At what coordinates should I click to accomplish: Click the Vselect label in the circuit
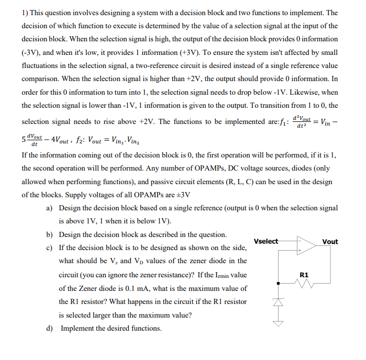(x=266, y=241)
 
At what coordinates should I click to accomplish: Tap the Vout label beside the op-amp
(x=330, y=241)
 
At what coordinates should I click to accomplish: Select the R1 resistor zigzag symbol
(x=304, y=283)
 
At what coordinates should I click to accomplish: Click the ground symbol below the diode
(x=278, y=324)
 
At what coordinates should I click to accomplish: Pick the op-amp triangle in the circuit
(x=305, y=246)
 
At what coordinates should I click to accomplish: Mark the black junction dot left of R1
(x=278, y=283)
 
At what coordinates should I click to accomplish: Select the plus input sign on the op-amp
(x=300, y=251)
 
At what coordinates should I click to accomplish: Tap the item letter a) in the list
(x=50, y=208)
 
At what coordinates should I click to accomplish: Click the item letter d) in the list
(x=50, y=328)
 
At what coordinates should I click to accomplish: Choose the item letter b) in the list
(x=50, y=234)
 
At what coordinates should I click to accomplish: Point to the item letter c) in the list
(x=50, y=248)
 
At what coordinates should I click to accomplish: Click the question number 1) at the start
(x=25, y=13)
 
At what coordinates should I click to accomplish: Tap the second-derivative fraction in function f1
(x=303, y=121)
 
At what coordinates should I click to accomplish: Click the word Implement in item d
(x=78, y=328)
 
